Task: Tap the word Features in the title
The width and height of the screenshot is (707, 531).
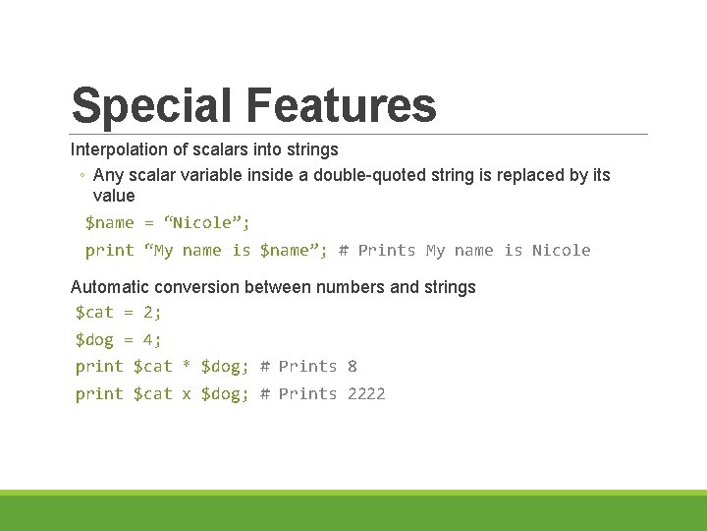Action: pyautogui.click(x=341, y=105)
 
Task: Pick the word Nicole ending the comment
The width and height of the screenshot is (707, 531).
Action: pyautogui.click(x=561, y=250)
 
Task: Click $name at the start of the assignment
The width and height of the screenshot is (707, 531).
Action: pyautogui.click(x=109, y=222)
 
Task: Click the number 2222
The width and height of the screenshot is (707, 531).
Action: pyautogui.click(x=366, y=393)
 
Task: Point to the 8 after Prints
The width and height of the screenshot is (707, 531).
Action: pyautogui.click(x=353, y=366)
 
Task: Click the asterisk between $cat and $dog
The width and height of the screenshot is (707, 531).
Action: pyautogui.click(x=187, y=367)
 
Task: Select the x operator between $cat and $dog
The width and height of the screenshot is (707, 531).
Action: pyautogui.click(x=187, y=394)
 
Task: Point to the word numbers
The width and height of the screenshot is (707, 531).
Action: pyautogui.click(x=353, y=287)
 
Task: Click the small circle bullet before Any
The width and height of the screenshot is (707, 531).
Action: pyautogui.click(x=82, y=176)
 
